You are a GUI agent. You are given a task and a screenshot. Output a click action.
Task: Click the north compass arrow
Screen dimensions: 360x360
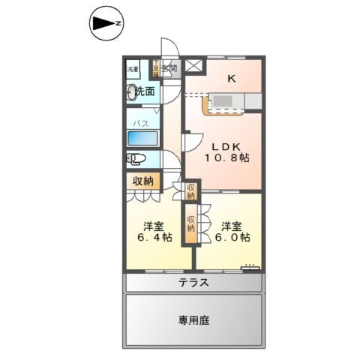105,25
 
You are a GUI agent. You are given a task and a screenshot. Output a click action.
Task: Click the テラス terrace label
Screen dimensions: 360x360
193,283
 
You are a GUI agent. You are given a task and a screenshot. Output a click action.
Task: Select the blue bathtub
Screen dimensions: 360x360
142,138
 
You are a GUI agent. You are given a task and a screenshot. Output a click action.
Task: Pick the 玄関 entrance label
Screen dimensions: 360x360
170,69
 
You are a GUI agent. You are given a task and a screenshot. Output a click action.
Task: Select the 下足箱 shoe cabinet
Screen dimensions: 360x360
157,68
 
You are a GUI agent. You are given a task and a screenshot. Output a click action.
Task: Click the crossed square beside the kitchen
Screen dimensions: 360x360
193,66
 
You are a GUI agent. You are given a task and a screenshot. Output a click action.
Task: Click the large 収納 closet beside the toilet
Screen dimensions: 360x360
143,181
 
